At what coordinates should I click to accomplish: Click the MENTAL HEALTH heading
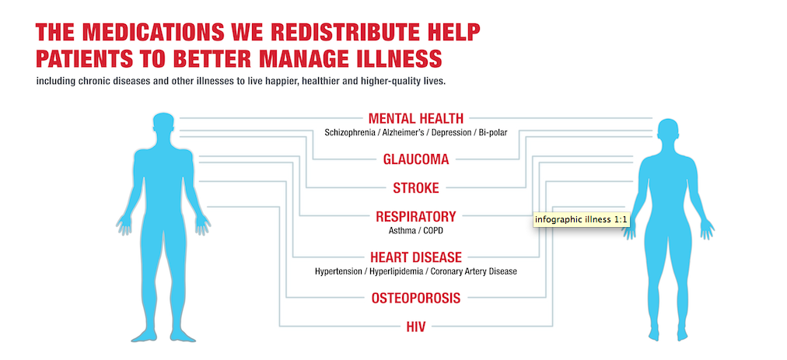click(415, 118)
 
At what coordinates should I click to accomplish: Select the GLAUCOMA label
click(416, 159)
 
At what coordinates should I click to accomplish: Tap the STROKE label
click(415, 188)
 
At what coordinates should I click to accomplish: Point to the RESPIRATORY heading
click(416, 217)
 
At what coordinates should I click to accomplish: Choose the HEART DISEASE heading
click(415, 257)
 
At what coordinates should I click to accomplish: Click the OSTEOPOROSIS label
click(415, 299)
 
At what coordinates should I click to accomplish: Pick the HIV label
click(415, 327)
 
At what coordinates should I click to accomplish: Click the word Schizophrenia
click(351, 133)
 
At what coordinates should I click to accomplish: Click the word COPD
click(432, 231)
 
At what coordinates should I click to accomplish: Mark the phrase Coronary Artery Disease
click(475, 271)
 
